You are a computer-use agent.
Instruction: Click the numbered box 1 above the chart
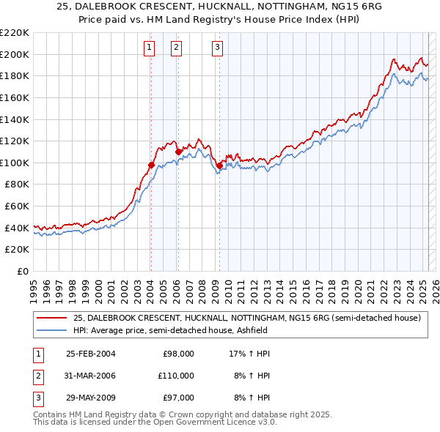[150, 48]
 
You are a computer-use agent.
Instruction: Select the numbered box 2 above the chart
[177, 48]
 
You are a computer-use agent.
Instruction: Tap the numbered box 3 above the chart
[218, 48]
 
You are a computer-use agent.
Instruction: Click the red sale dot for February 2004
[151, 165]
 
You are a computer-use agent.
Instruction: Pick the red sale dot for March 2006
[178, 152]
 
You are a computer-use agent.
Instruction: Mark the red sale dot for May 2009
[219, 166]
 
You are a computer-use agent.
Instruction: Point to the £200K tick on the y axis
[16, 54]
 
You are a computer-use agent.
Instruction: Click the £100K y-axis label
[16, 163]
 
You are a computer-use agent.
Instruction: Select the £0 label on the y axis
[22, 271]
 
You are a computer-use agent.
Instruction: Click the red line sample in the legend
[51, 318]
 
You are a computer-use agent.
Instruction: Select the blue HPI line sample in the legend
[51, 330]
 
